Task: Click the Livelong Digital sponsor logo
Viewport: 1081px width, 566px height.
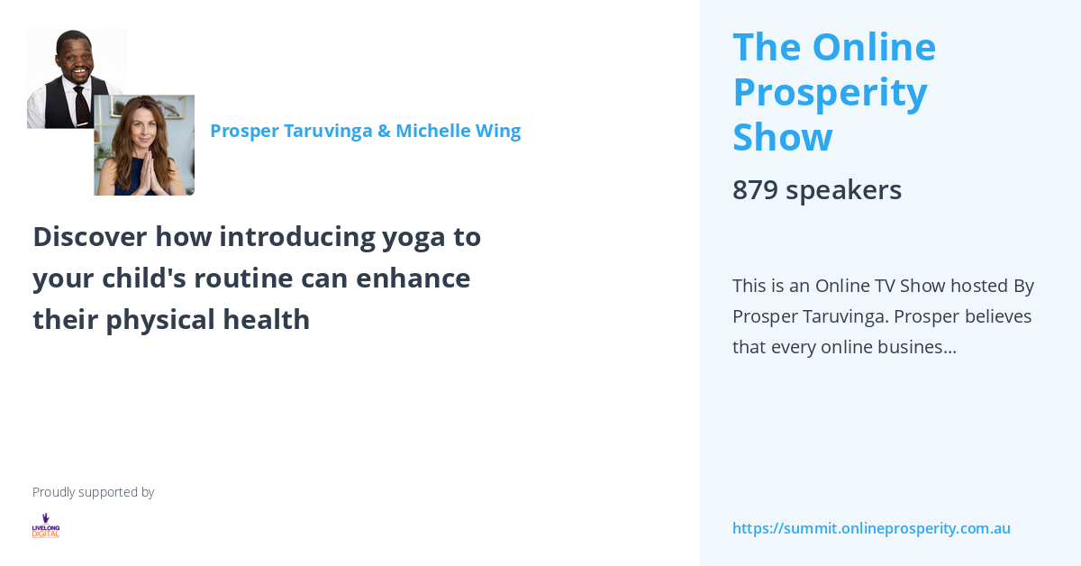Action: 46,525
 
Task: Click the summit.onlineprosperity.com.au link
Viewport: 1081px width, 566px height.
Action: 871,528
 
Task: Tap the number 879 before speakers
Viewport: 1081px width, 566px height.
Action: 755,190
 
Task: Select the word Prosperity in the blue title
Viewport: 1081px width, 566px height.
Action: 830,92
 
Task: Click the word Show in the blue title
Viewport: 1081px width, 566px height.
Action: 782,137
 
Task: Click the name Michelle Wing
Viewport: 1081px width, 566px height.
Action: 458,131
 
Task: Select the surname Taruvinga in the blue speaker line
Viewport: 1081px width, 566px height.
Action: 328,131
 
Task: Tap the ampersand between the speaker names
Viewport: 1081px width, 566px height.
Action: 384,132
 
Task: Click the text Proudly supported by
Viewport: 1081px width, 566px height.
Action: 93,492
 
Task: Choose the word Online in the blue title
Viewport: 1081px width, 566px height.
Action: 874,47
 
